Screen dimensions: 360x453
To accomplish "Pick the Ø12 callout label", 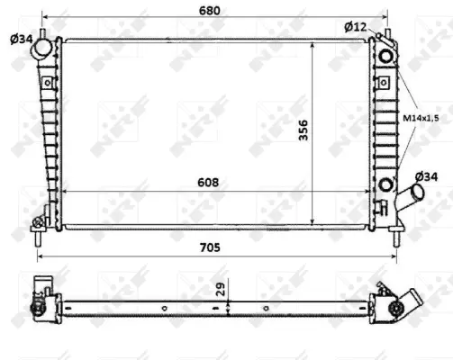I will pos(356,26).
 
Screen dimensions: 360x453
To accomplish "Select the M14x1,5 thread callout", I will pos(421,117).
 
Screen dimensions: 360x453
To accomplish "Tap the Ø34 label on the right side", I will pos(427,175).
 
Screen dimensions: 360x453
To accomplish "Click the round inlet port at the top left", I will pos(43,52).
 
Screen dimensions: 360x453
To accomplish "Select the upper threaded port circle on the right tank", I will pos(387,55).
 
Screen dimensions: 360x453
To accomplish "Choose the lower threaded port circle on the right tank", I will pos(387,185).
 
